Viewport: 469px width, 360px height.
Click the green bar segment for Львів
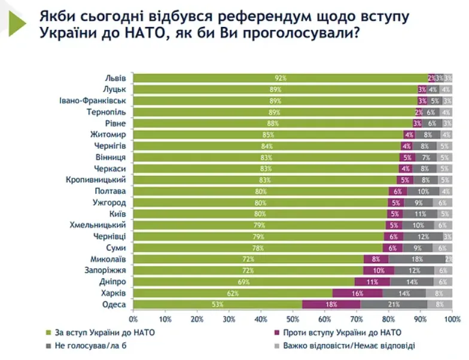(280, 78)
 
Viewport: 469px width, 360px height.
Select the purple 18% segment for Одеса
(331, 304)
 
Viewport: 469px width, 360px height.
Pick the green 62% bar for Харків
(232, 293)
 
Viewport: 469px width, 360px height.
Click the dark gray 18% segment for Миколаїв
(417, 259)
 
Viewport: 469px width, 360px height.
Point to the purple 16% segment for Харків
(357, 293)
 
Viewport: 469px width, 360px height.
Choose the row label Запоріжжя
(108, 270)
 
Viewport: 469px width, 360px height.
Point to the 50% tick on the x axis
(293, 319)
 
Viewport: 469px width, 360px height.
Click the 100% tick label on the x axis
(452, 319)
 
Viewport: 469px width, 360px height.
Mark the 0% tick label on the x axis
(133, 319)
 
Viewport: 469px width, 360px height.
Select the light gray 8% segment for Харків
(439, 293)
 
